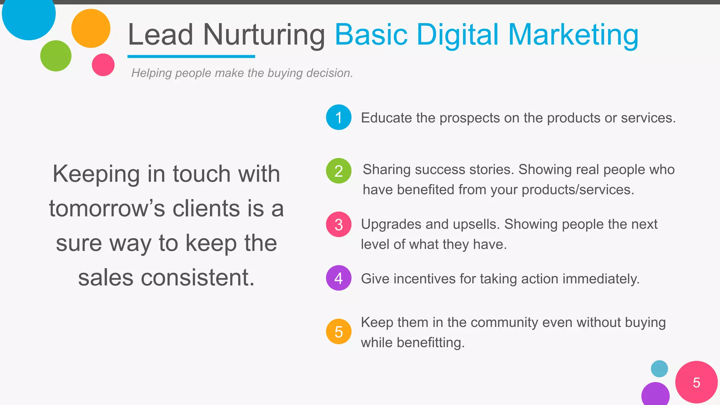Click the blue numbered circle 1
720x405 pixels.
(339, 117)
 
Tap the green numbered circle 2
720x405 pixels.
(339, 171)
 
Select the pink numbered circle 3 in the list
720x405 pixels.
(339, 224)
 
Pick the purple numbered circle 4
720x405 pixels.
(339, 278)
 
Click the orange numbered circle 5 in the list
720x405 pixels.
(339, 332)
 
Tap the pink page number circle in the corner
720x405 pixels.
(696, 382)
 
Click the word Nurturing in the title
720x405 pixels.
(264, 35)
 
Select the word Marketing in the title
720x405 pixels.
(573, 35)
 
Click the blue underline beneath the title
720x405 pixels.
(191, 56)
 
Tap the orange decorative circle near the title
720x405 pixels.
(91, 28)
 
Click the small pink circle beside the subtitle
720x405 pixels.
(103, 65)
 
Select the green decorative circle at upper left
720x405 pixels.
(56, 56)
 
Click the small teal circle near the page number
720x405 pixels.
(659, 369)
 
